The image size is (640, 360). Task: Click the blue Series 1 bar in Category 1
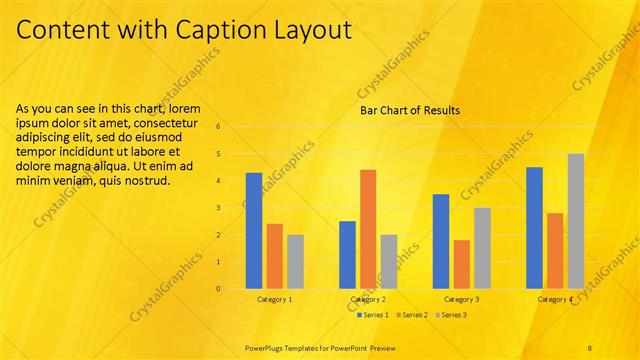coord(254,231)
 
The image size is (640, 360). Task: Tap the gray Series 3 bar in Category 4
coord(576,221)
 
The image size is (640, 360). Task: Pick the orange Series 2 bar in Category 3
coord(462,264)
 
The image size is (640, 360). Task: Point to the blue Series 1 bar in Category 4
coord(534,228)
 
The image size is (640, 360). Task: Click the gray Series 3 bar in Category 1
coord(295,262)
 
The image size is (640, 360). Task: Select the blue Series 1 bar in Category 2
coord(347,255)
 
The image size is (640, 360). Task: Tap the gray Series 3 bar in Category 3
coord(482,248)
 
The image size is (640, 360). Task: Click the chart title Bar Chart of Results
coord(410,110)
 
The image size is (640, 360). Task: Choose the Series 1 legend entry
coord(373,315)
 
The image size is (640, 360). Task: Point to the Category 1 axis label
coord(274,299)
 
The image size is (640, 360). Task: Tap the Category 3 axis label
coord(461,299)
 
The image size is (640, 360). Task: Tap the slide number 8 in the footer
coord(590,346)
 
